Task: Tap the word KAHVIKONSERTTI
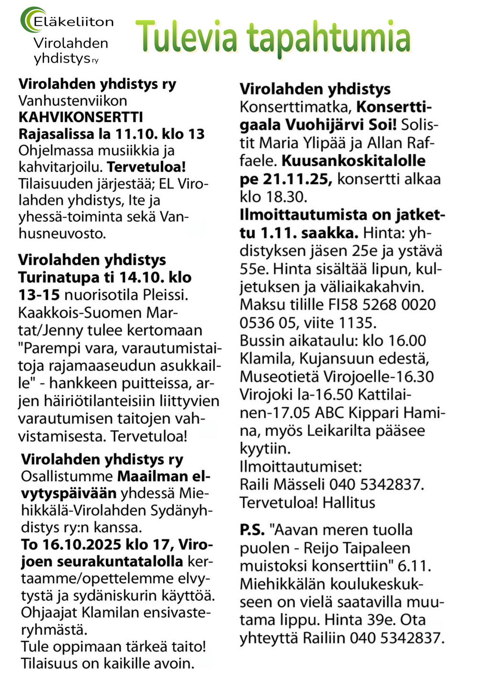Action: point(81,117)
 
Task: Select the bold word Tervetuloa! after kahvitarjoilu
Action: point(146,167)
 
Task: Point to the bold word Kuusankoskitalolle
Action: point(353,161)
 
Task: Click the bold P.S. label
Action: point(252,530)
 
